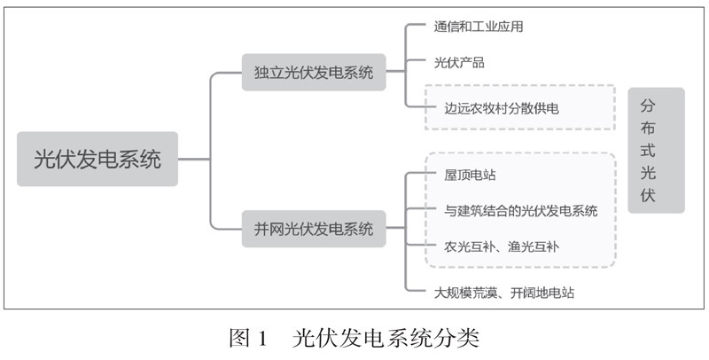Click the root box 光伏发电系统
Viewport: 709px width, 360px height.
97,160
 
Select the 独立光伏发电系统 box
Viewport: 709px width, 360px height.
314,72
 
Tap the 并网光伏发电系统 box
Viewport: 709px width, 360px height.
314,229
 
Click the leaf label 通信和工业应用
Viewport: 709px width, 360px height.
479,27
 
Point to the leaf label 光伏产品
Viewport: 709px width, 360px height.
459,63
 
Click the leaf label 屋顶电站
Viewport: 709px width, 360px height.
464,175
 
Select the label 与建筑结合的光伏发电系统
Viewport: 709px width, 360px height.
521,211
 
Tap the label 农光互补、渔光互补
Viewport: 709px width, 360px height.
502,246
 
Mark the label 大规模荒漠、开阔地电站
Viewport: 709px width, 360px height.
503,292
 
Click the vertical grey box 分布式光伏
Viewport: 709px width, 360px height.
656,150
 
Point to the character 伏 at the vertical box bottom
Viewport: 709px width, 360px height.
656,196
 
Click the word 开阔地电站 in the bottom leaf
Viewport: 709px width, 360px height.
539,292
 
